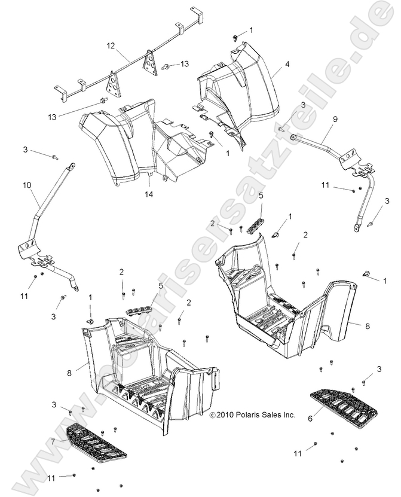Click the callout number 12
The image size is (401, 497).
[x=110, y=45]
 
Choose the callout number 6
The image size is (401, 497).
[x=310, y=419]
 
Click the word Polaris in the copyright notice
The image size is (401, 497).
[x=247, y=414]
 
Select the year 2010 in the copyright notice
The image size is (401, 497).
[x=225, y=414]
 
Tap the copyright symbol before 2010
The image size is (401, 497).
[x=212, y=414]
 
